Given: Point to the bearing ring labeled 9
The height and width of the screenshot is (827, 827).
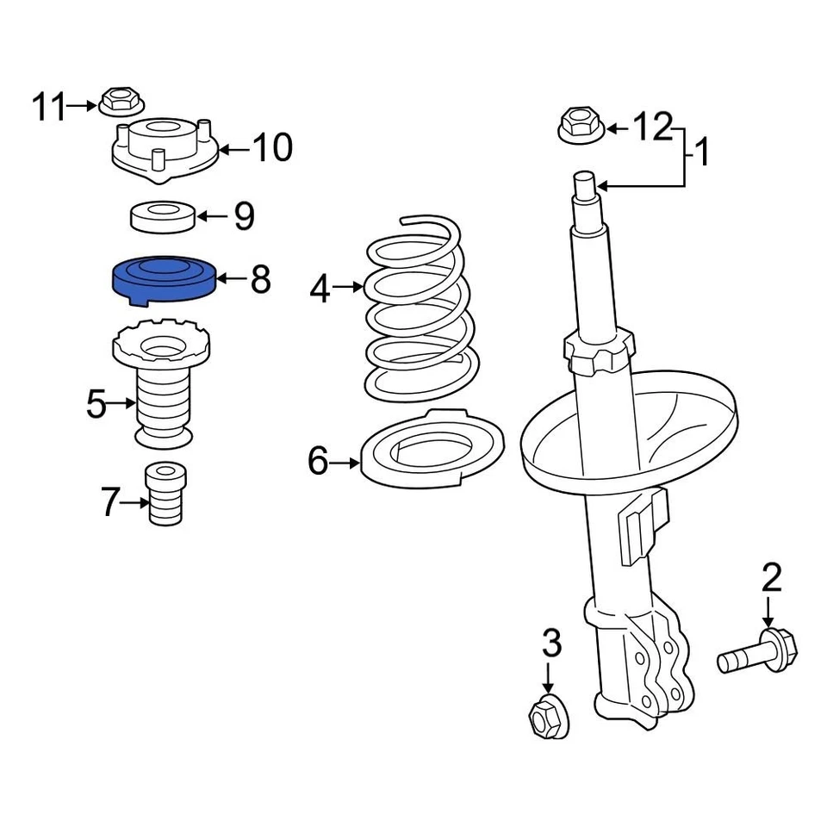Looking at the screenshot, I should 163,215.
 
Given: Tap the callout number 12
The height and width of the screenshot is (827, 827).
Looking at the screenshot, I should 652,127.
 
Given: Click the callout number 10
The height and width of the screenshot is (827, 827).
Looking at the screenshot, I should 272,148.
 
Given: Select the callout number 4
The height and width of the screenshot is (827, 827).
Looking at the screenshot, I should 320,289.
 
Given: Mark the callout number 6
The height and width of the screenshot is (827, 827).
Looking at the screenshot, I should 318,463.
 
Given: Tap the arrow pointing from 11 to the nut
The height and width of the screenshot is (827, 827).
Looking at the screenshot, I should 83,106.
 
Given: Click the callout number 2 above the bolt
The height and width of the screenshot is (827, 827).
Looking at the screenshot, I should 770,579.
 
